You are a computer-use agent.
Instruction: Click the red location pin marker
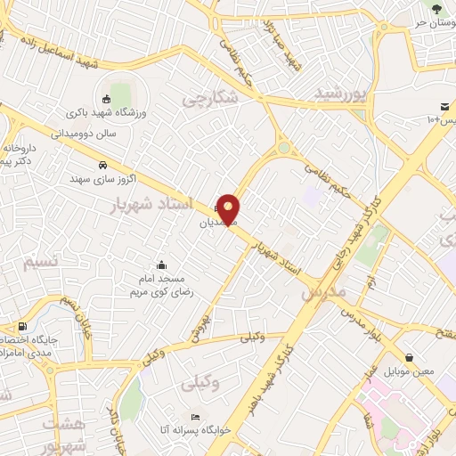[230, 209]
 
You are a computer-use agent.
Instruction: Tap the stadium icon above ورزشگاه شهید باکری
[108, 99]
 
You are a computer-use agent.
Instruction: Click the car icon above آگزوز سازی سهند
[103, 165]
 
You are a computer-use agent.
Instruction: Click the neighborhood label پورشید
[341, 93]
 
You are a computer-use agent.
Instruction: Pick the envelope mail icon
[444, 107]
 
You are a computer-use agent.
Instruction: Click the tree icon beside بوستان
[436, 9]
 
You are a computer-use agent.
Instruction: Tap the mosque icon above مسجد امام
[161, 264]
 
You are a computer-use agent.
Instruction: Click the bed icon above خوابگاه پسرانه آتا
[196, 417]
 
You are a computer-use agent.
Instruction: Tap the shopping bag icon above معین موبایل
[409, 356]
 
